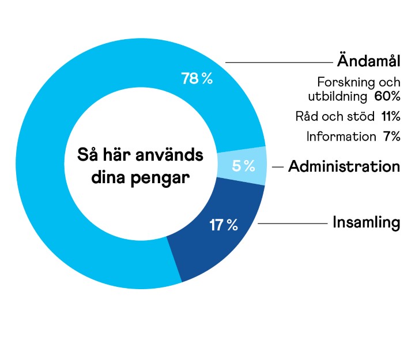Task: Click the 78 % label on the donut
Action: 197,79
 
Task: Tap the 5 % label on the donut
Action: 243,166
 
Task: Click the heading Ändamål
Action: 368,61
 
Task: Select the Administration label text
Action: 344,166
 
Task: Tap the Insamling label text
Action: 366,222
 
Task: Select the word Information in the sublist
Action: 341,137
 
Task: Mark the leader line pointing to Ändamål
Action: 277,62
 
